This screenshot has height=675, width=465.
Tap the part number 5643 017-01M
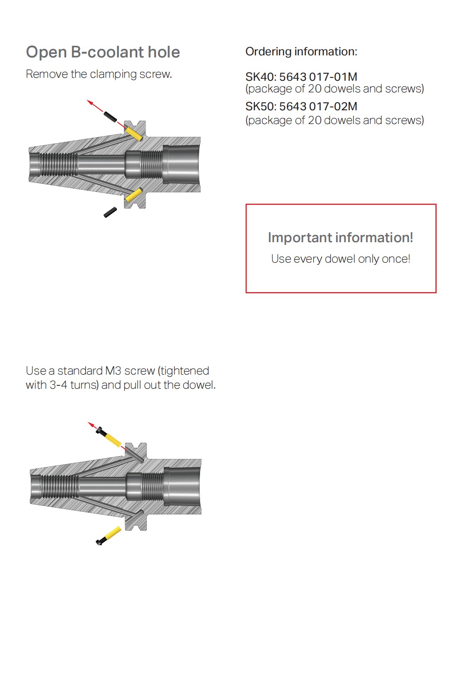tap(318, 77)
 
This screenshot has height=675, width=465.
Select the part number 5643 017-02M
tap(318, 107)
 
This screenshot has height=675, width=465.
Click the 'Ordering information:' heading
tap(301, 52)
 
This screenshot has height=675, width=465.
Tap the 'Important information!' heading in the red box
tap(340, 238)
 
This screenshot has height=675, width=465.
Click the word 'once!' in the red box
tap(396, 259)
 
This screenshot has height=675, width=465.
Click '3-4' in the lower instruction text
tap(58, 385)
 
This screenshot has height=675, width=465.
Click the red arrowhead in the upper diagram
tap(90, 102)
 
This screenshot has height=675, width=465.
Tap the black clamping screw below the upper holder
tap(110, 212)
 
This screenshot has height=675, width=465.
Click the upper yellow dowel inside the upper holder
tap(134, 134)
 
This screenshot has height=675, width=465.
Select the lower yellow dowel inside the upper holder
tap(134, 195)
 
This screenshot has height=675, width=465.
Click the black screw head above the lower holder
tap(101, 431)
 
